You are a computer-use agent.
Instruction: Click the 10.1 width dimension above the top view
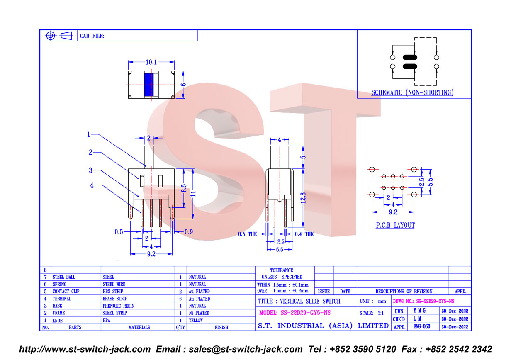click(151, 62)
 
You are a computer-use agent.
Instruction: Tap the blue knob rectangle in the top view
click(149, 85)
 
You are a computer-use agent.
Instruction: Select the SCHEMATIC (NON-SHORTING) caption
click(412, 92)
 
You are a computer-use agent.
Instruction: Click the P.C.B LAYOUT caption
click(395, 225)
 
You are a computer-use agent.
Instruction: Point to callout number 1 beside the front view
click(88, 134)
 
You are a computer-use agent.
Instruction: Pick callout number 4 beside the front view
click(92, 185)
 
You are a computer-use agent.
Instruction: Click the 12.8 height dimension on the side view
click(303, 198)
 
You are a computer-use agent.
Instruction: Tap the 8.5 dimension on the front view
click(184, 188)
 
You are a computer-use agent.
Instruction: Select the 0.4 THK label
click(304, 234)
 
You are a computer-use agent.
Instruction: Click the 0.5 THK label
click(248, 234)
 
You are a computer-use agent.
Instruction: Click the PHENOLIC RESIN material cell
click(118, 306)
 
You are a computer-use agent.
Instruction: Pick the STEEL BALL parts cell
click(64, 277)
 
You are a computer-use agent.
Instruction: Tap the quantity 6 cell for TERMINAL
click(180, 299)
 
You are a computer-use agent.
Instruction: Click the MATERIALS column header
click(139, 327)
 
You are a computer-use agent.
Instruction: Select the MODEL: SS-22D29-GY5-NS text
click(295, 313)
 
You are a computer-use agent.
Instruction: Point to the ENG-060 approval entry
click(422, 327)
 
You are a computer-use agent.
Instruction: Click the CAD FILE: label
click(92, 36)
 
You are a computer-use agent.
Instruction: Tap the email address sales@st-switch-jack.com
click(246, 349)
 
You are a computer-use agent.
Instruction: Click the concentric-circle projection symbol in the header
click(51, 36)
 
